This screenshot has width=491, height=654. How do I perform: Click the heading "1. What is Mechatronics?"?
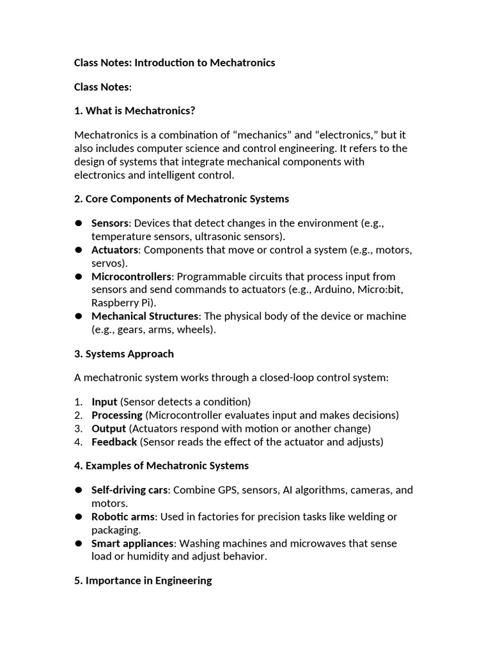(134, 110)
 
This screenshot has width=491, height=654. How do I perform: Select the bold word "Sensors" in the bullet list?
(110, 223)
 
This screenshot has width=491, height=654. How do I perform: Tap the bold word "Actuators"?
(114, 250)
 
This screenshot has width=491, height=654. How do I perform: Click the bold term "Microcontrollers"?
(132, 277)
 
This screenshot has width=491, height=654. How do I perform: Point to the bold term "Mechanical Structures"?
(145, 316)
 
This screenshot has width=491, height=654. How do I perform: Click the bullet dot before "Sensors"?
(79, 223)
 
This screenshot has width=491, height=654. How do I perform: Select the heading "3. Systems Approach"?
(124, 354)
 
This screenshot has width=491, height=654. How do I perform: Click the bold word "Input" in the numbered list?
(104, 402)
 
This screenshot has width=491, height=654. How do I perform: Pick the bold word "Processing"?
(116, 415)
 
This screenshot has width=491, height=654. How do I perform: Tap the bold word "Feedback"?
(114, 442)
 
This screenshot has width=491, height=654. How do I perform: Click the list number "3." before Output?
(78, 429)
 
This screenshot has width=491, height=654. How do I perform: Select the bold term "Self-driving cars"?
(130, 490)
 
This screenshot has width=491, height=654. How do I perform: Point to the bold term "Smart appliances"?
(132, 544)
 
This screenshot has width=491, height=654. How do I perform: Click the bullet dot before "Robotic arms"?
(79, 517)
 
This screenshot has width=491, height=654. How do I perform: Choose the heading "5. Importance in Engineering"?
(143, 581)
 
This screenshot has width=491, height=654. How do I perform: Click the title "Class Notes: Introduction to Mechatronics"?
(175, 63)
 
